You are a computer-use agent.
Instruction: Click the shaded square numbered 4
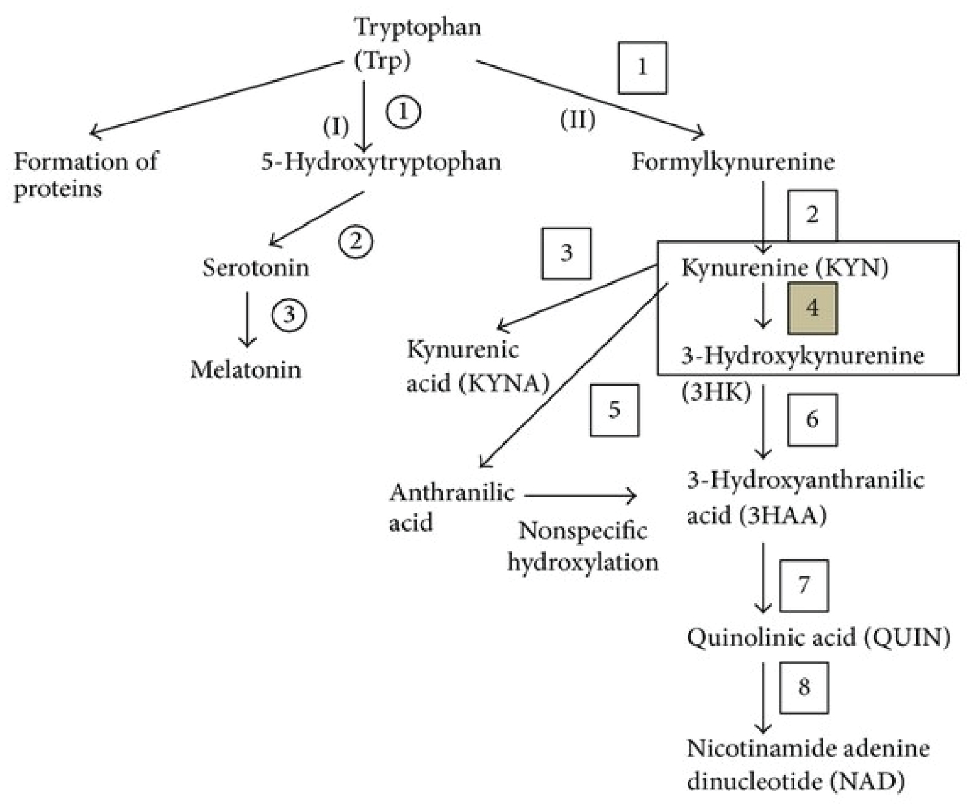[x=812, y=308]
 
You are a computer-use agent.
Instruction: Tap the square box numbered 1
[x=642, y=67]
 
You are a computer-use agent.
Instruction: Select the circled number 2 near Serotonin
[x=356, y=241]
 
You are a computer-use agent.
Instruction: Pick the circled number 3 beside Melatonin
[x=289, y=316]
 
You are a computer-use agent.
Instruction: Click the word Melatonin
[x=246, y=369]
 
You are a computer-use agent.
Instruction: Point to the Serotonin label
[x=255, y=267]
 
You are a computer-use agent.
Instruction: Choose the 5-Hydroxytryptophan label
[x=381, y=161]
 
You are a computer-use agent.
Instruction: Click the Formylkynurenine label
[x=733, y=161]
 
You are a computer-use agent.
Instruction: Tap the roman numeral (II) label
[x=577, y=120]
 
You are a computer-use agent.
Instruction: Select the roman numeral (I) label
[x=336, y=126]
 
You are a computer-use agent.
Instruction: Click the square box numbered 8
[x=804, y=686]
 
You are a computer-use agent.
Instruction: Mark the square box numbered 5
[x=614, y=410]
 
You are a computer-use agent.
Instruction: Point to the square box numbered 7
[x=804, y=585]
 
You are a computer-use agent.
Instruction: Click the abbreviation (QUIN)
[x=907, y=638]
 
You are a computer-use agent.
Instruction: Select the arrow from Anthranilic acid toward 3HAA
[x=580, y=497]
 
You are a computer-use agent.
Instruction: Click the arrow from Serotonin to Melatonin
[x=247, y=319]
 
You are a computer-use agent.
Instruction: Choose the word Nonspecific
[x=583, y=531]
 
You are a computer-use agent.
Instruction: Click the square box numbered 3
[x=566, y=253]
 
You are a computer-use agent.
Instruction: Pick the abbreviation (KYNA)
[x=503, y=383]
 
